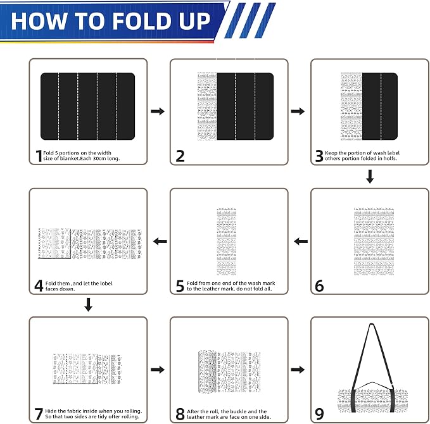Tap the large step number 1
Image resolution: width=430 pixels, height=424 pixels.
[39, 156]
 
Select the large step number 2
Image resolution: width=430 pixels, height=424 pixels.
[180, 156]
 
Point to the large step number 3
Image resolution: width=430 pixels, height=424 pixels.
[319, 156]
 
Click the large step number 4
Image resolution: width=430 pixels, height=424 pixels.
[39, 286]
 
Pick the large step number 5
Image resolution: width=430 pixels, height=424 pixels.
[180, 286]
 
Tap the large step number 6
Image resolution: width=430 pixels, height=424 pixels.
[319, 286]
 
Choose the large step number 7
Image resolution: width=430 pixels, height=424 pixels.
[39, 414]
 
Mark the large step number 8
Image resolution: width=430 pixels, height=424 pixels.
[180, 414]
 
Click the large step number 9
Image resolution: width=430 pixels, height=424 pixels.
[319, 414]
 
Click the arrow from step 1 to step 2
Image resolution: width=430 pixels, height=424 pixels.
[158, 111]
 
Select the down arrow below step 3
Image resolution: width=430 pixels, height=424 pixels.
[370, 177]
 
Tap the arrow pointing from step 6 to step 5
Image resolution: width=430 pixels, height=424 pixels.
[301, 242]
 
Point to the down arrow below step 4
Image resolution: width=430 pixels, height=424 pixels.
[88, 305]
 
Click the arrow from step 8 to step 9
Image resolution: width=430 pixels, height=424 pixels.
[298, 370]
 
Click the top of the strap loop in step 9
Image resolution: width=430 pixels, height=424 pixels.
[372, 325]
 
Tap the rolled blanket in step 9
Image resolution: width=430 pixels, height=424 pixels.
[372, 400]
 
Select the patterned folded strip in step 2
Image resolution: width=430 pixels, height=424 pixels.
[207, 106]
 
